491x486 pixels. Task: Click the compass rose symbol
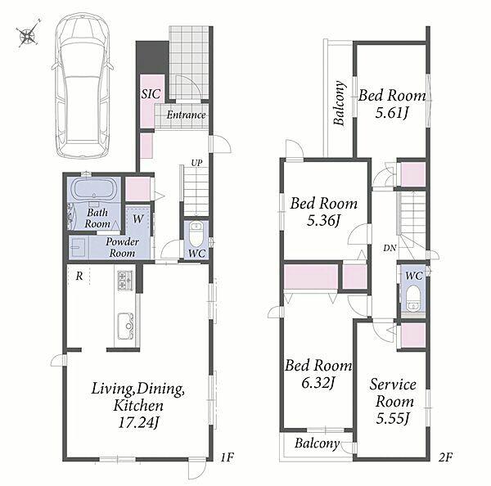28,34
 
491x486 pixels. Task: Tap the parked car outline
83,85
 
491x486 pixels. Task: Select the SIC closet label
151,94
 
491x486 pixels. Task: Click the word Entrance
186,115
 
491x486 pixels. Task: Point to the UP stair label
196,163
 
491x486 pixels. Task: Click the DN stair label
390,248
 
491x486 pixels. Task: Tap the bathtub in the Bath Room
94,189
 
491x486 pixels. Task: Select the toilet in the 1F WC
196,234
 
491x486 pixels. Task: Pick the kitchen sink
126,326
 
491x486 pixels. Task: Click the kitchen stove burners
125,280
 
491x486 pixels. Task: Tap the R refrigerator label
79,276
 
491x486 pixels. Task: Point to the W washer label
137,218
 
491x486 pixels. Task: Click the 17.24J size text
137,423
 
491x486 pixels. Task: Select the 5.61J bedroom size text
392,113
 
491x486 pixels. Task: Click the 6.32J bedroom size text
318,383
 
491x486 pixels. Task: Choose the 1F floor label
227,457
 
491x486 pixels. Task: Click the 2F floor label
446,457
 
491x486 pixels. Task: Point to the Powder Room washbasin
79,247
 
